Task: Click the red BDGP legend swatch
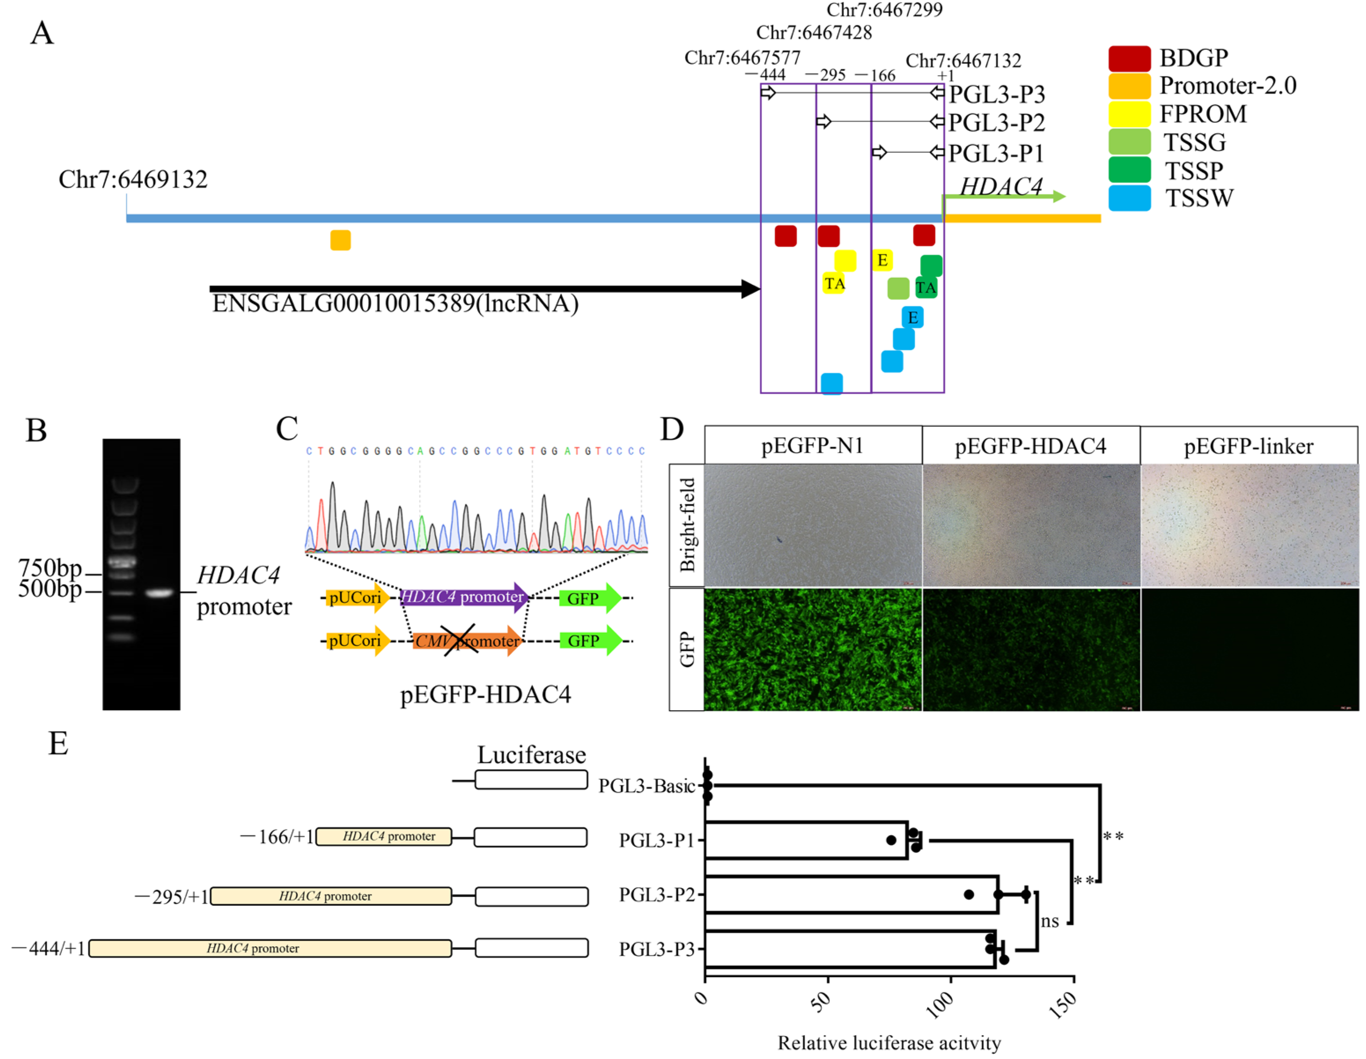(1129, 58)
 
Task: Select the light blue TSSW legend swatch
(1129, 198)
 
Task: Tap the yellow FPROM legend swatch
(1129, 114)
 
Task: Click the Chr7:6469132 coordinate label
(133, 180)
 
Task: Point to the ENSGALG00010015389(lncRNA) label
(395, 304)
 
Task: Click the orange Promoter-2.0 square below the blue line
(340, 240)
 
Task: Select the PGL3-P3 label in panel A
(996, 95)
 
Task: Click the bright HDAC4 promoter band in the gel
(159, 592)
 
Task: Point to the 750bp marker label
(50, 568)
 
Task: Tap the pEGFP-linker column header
(1248, 446)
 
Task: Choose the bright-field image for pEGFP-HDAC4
(1031, 525)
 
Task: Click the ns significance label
(1049, 921)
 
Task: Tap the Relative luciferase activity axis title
(889, 1043)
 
